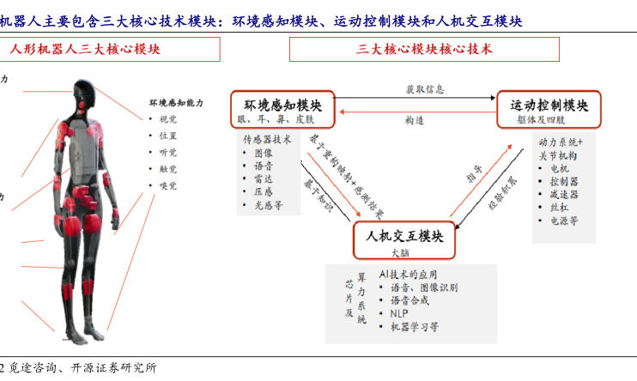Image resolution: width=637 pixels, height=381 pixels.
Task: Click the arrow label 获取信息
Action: point(425,89)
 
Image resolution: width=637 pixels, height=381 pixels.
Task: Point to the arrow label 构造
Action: point(415,121)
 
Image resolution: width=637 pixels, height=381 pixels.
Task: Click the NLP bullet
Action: point(398,314)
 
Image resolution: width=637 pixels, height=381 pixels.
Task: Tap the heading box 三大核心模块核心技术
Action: point(425,50)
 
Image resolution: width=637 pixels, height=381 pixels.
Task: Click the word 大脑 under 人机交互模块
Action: point(401,253)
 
